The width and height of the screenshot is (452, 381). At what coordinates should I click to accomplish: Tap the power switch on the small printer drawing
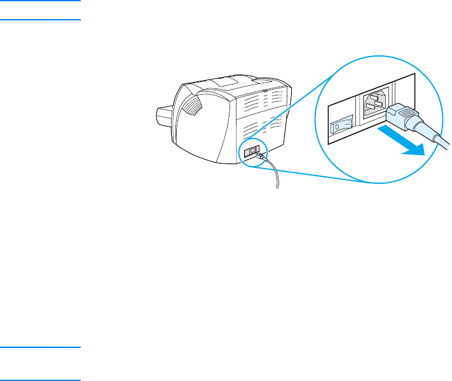click(x=249, y=151)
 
